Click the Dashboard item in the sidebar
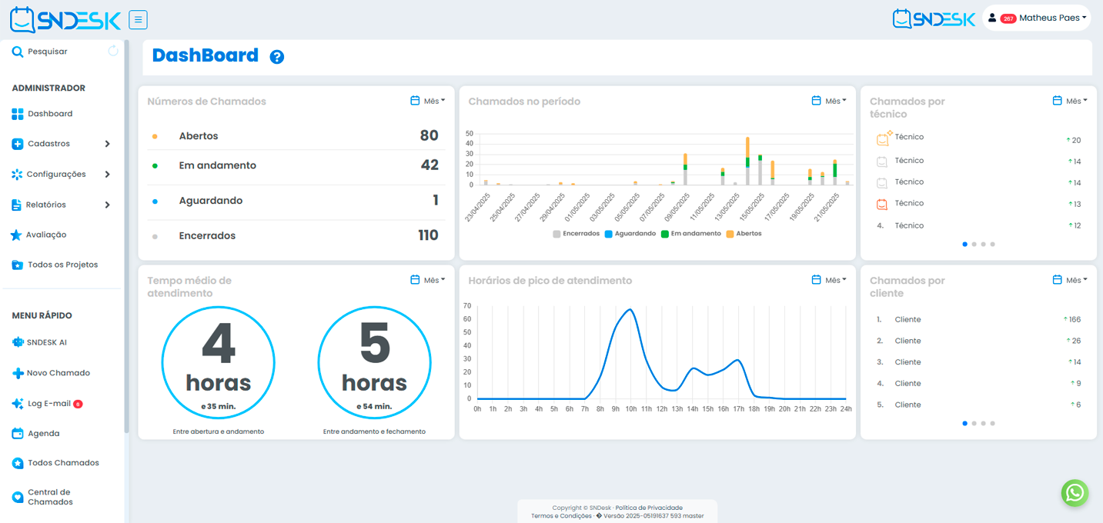click(50, 114)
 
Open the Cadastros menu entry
click(48, 144)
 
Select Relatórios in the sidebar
click(46, 205)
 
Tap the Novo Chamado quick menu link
click(58, 373)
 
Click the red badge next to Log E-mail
click(78, 404)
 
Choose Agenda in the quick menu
click(43, 434)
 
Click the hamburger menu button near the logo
click(139, 20)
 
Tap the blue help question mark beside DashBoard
click(277, 57)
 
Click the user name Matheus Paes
click(1049, 18)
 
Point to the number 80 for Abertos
click(429, 136)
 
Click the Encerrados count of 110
click(428, 235)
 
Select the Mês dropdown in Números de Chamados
click(428, 101)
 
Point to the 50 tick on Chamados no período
click(470, 133)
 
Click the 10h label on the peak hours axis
click(630, 409)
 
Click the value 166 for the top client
click(1075, 319)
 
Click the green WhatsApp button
click(1075, 493)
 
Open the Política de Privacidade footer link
click(649, 508)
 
